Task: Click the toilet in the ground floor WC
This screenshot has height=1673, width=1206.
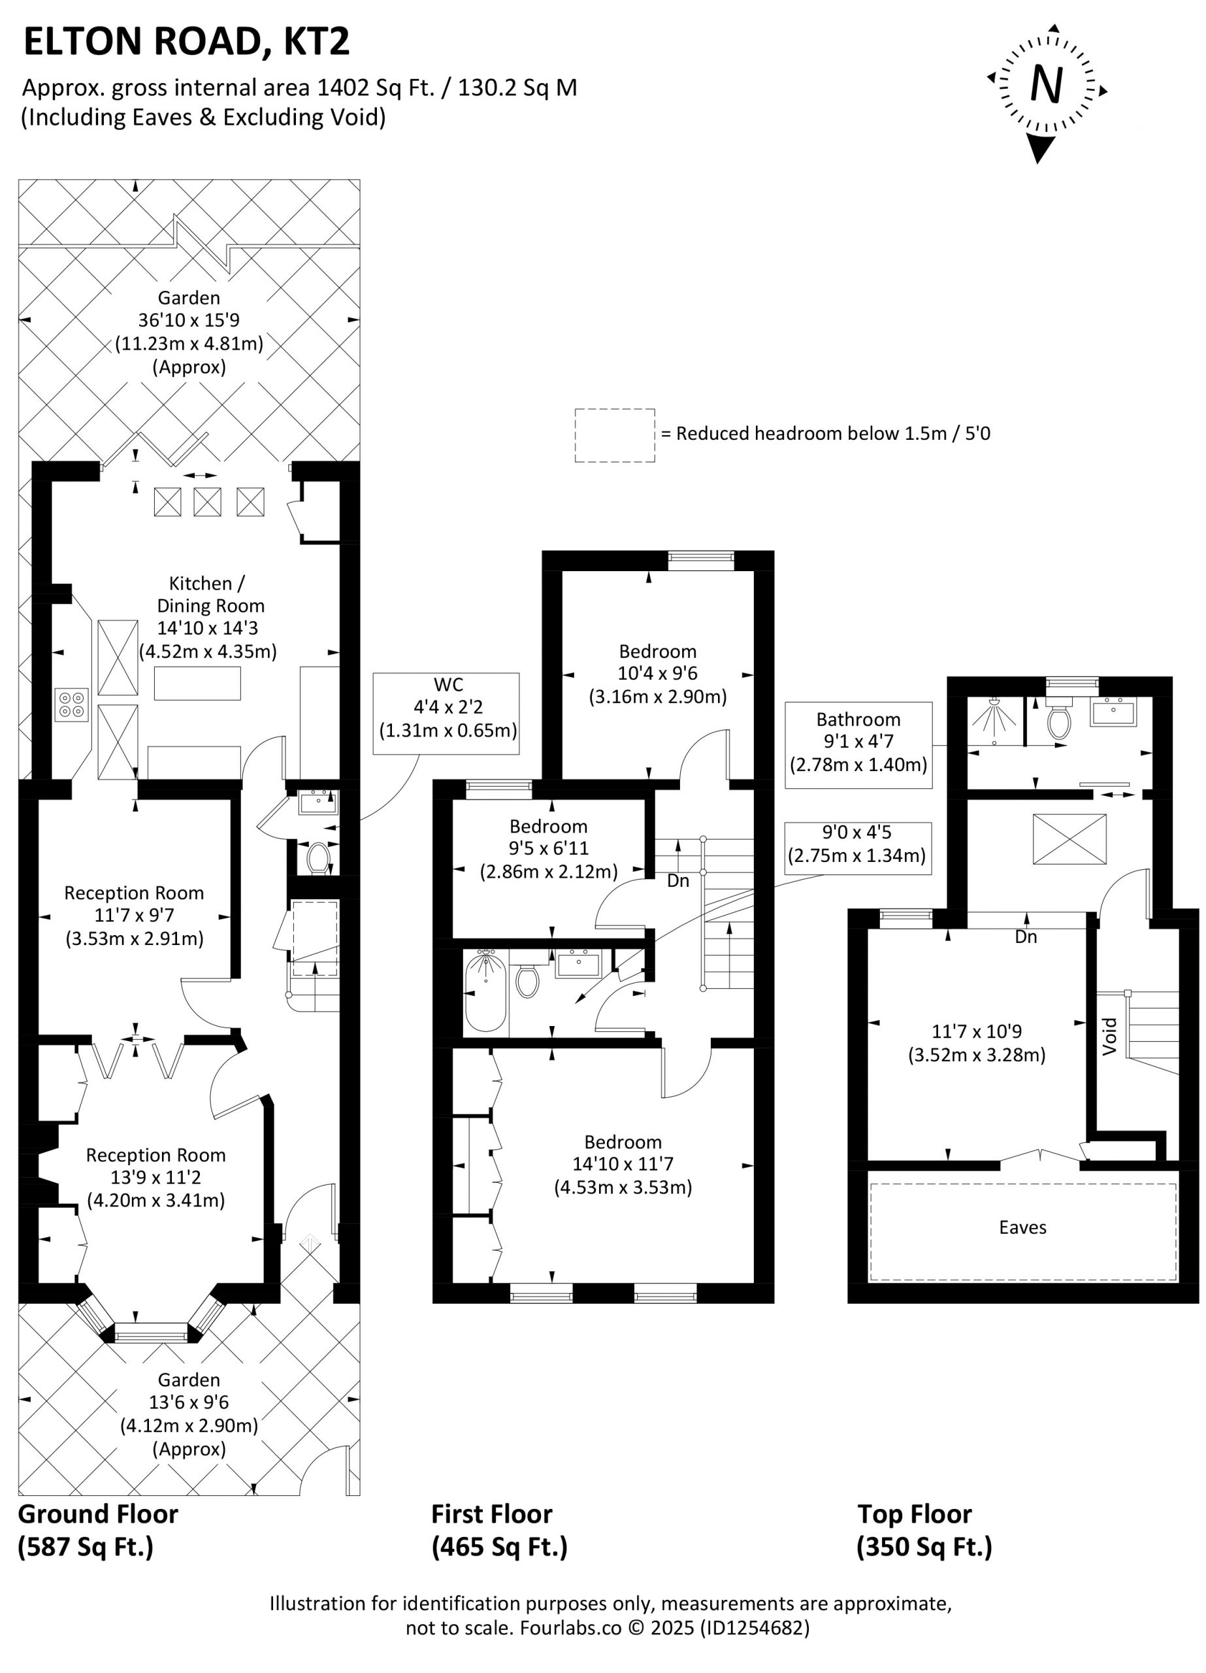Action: point(318,858)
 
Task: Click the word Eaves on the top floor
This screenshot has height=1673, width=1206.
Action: point(1022,1227)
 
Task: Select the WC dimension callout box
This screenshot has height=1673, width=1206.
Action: point(446,712)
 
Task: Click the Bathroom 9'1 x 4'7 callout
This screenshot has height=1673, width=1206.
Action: point(858,745)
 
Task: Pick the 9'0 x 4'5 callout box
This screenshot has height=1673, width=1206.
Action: point(858,848)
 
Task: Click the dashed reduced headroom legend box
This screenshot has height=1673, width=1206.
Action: point(615,435)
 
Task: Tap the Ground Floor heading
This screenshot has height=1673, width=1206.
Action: point(98,1514)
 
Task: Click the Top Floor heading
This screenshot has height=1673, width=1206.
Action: point(915,1514)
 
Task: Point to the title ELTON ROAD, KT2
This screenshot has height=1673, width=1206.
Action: point(187,42)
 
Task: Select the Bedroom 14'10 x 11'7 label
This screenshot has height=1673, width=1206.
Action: point(623,1163)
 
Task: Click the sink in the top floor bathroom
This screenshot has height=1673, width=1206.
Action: point(1114,712)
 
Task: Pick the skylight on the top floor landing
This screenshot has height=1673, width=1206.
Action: point(1069,838)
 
